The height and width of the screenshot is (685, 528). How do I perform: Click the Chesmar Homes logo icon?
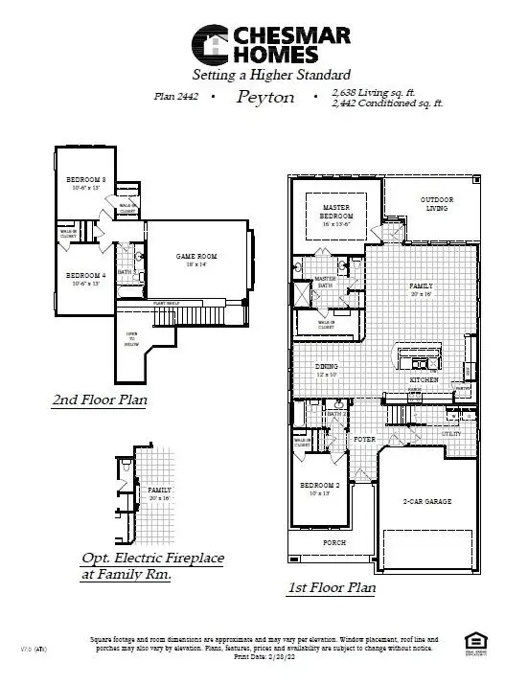214,45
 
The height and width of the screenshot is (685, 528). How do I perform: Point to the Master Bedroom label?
336,212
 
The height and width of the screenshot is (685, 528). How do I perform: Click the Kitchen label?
425,380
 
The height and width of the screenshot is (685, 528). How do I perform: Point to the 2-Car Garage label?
427,501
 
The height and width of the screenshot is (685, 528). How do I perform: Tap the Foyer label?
364,439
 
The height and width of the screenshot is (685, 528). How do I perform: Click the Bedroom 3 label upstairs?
85,183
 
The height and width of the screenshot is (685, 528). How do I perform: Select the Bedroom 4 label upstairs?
85,279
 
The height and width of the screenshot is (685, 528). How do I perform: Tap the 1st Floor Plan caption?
332,588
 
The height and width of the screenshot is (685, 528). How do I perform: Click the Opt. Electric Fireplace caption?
152,566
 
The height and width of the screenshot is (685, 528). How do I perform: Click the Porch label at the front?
333,542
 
